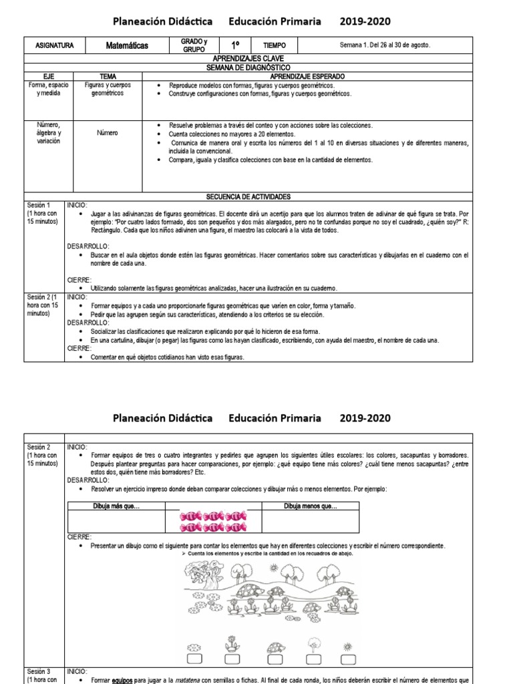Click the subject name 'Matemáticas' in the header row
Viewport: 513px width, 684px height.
(x=127, y=45)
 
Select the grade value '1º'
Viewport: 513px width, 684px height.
(x=235, y=45)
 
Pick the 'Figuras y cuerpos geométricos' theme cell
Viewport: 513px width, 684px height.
(x=108, y=90)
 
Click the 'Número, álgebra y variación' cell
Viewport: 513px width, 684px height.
(x=49, y=133)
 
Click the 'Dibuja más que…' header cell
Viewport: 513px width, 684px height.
(x=117, y=506)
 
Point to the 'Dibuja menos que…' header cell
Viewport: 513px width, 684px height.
(x=311, y=506)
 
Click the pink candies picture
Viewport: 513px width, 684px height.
(x=212, y=522)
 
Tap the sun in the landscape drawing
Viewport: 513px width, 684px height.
(x=273, y=568)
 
